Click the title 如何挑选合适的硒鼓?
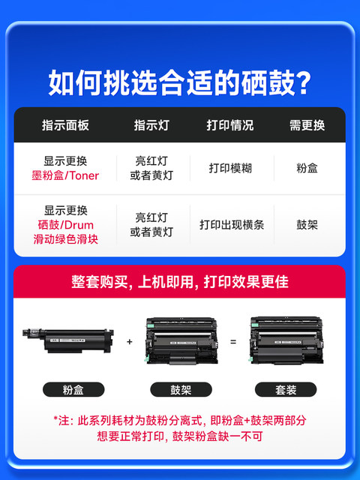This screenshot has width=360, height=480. [x=180, y=82]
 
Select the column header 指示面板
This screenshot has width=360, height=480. [x=65, y=125]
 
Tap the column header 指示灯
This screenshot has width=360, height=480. [x=151, y=125]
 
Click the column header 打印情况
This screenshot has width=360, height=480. [x=230, y=125]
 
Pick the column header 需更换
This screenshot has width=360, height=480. [x=307, y=125]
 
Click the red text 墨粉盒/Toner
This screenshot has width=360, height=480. [x=65, y=175]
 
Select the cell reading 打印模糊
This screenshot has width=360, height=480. [x=230, y=168]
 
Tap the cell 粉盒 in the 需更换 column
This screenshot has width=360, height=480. [x=307, y=168]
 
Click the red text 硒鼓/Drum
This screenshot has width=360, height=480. [x=65, y=225]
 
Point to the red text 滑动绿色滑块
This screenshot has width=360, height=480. [x=65, y=239]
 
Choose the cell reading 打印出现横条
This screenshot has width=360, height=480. [x=232, y=225]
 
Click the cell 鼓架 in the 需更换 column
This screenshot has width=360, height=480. [x=307, y=225]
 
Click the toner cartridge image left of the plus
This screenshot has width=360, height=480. [x=68, y=340]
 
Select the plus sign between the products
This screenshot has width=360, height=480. [x=130, y=342]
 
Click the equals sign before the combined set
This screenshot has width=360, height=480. [x=233, y=342]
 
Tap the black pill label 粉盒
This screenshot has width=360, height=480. [x=73, y=390]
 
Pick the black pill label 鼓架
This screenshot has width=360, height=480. [x=181, y=390]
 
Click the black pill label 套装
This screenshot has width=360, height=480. [x=286, y=390]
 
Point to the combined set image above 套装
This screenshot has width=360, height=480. [x=286, y=340]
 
